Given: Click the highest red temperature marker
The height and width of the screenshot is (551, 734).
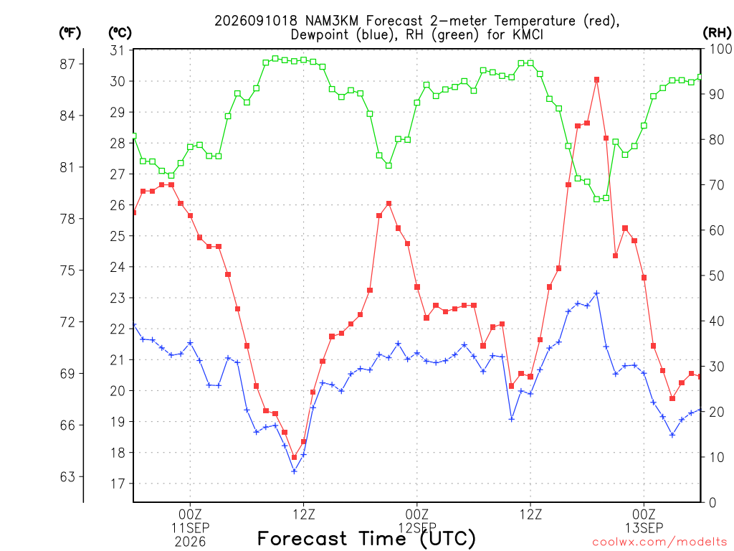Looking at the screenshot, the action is pos(596,80).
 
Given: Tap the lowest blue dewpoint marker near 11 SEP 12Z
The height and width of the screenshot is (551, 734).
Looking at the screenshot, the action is pos(294,471).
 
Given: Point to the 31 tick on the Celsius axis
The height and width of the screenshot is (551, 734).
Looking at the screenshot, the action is pos(118,50).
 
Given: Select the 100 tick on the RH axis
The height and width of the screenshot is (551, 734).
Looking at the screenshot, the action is pos(721,49).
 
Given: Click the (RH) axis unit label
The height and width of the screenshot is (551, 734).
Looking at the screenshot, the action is pos(717,32).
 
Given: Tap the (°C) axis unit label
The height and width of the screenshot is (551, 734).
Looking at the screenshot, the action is pos(120,32).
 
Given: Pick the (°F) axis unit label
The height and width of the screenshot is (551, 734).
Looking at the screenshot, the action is pos(70,32).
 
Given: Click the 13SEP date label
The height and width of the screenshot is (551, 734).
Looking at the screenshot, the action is pos(644,528).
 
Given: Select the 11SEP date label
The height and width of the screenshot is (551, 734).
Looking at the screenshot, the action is pos(190,528).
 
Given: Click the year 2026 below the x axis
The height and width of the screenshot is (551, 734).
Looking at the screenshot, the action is pos(190,542).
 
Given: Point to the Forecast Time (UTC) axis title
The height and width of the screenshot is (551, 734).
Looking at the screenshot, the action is pos(366,539).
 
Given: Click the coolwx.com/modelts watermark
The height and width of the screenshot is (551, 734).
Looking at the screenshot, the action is pos(660,542).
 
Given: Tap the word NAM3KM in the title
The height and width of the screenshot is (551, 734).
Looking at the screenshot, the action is pos(332,21).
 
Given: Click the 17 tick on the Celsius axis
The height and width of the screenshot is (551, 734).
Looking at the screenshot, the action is pos(118,484).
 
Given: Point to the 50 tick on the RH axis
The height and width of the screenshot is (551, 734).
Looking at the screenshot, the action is pos(717,275).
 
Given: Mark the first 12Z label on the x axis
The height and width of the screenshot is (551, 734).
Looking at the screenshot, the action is pos(304,514).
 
